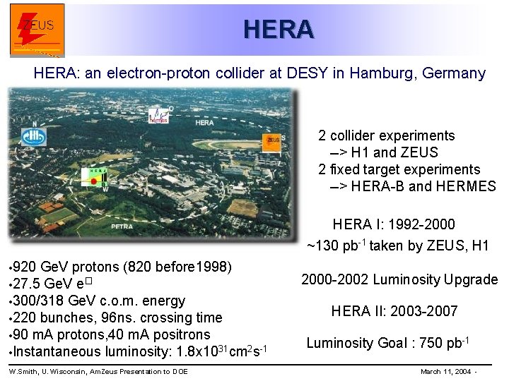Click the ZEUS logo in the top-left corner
pos(37,30)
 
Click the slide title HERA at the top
pos(277,29)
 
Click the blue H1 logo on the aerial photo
pos(34,135)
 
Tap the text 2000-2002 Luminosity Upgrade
pos(399,279)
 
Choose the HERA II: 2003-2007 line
pos(394,311)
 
